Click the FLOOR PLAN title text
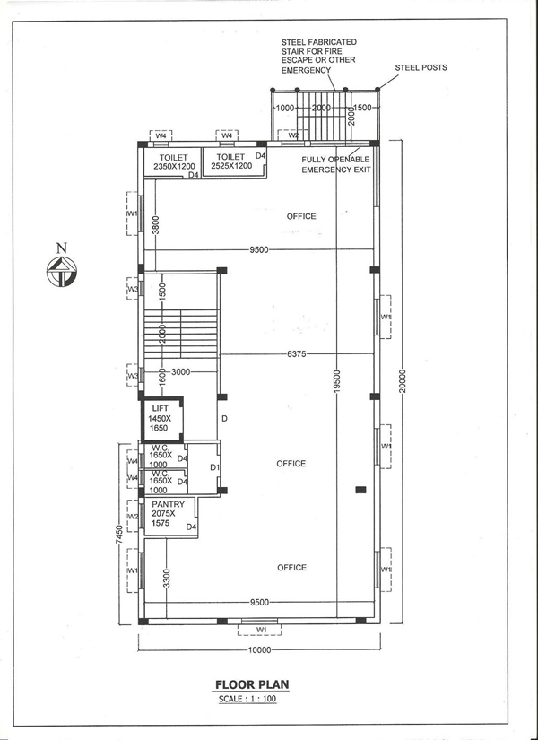pyautogui.click(x=252, y=684)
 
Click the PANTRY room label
pyautogui.click(x=168, y=504)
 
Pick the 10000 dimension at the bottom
pyautogui.click(x=259, y=650)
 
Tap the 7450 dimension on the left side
pyautogui.click(x=120, y=535)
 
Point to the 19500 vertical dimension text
pyautogui.click(x=336, y=382)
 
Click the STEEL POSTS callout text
pyautogui.click(x=421, y=67)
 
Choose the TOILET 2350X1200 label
pyautogui.click(x=173, y=161)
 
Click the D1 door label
pyautogui.click(x=214, y=467)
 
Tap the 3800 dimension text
pyautogui.click(x=156, y=224)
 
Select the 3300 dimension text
pyautogui.click(x=166, y=579)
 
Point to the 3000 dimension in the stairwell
pyautogui.click(x=180, y=372)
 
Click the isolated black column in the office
pyautogui.click(x=360, y=490)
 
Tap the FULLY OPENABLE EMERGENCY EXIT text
pyautogui.click(x=335, y=164)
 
